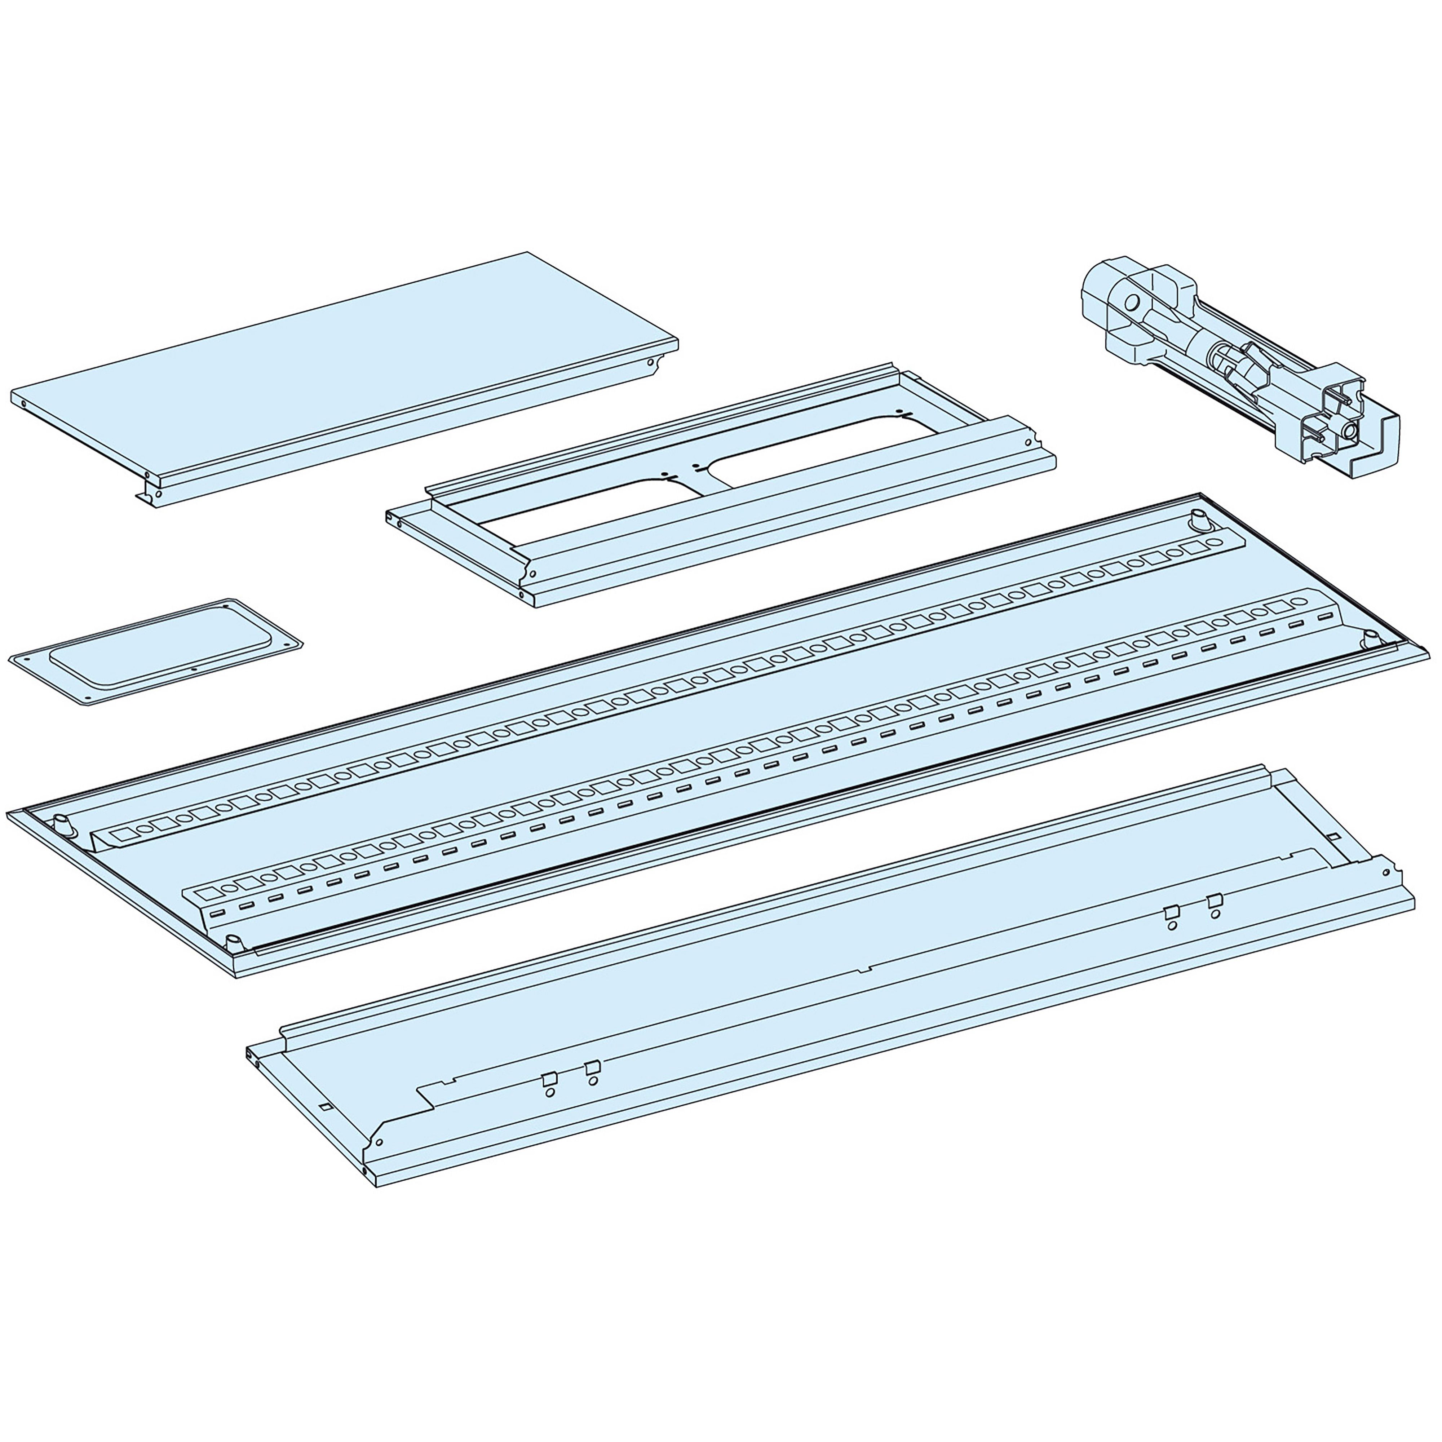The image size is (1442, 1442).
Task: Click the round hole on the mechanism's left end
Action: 1132,302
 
